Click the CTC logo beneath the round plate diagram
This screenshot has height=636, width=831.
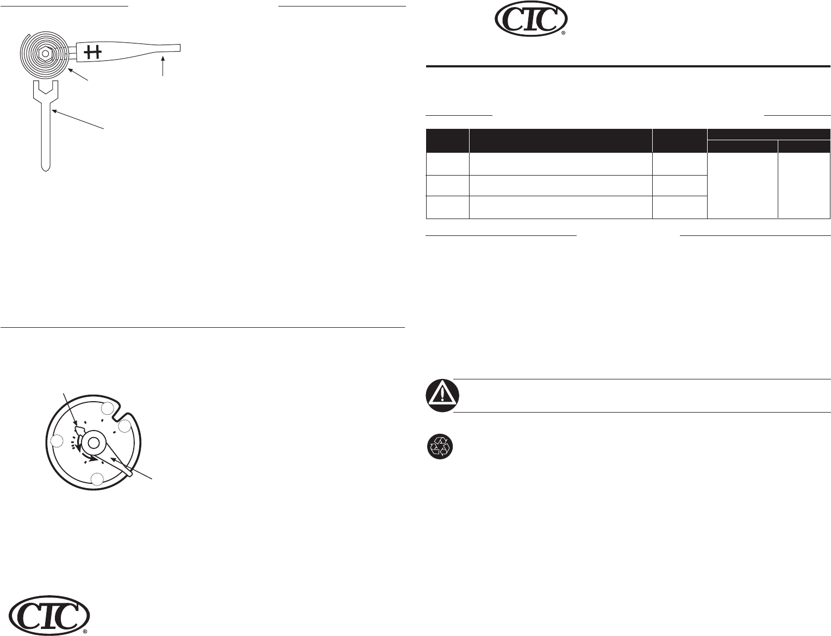pyautogui.click(x=49, y=616)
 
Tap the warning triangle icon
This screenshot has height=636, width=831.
pyautogui.click(x=442, y=396)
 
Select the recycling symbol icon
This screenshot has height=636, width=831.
pyautogui.click(x=440, y=447)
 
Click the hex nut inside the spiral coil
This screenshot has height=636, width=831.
pyautogui.click(x=45, y=53)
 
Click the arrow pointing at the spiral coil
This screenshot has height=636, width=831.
pyautogui.click(x=78, y=74)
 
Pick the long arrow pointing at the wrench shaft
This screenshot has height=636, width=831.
pyautogui.click(x=78, y=119)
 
